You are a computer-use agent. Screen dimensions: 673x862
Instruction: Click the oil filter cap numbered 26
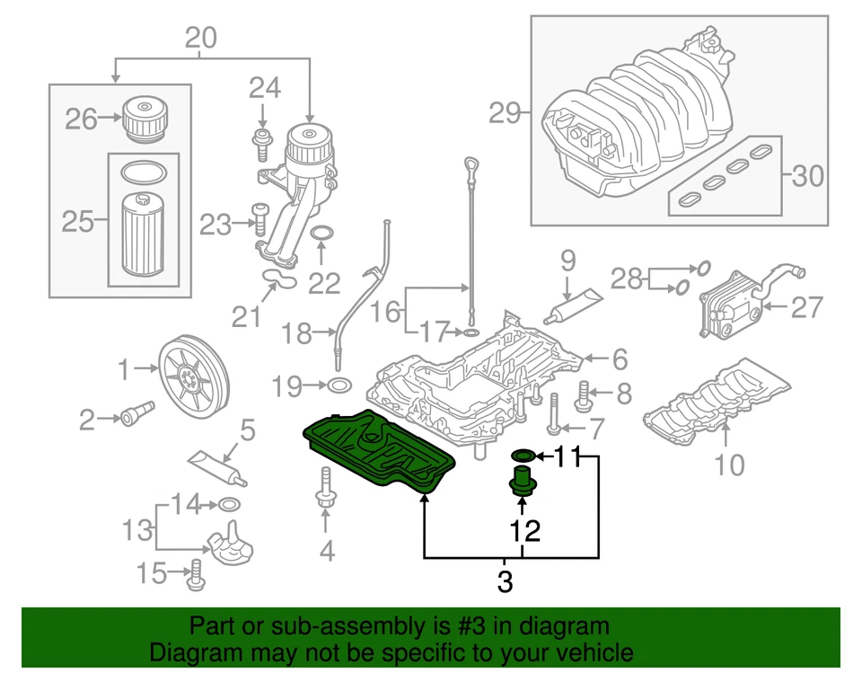click(144, 120)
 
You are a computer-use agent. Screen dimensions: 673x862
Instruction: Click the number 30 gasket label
click(808, 175)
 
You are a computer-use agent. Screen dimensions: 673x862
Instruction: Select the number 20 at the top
click(201, 39)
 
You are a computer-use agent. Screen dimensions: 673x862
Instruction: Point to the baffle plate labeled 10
click(718, 404)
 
